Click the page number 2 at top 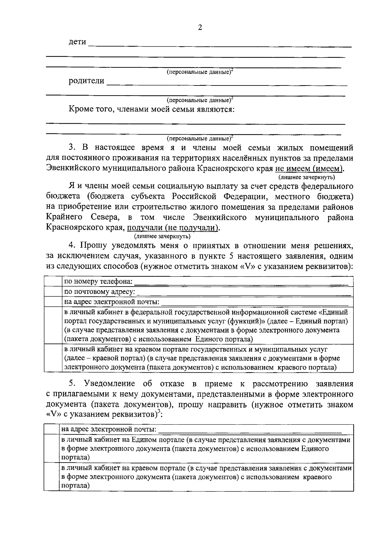(200, 28)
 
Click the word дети (78, 42)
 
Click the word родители (86, 81)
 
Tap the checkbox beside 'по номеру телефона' (53, 281)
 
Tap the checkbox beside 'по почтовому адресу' (53, 291)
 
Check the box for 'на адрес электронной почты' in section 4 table (53, 301)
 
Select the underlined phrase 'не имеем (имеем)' (309, 168)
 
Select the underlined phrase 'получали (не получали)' (173, 228)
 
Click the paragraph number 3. (72, 148)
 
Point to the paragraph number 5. (72, 384)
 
